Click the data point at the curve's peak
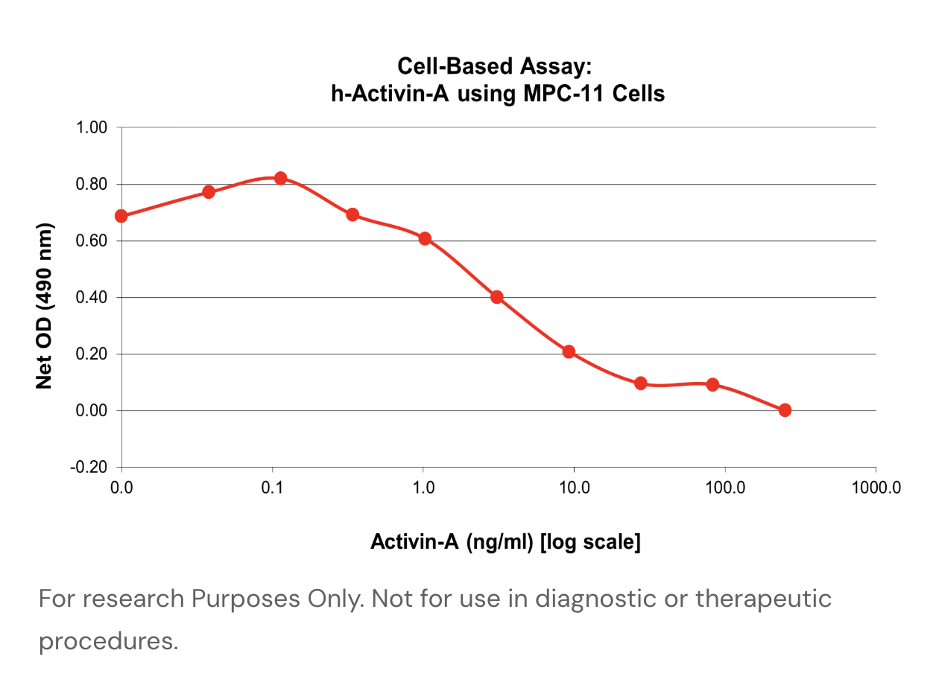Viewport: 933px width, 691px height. tap(280, 178)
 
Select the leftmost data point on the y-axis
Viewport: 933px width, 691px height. tap(121, 217)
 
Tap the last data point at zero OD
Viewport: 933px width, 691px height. tap(785, 410)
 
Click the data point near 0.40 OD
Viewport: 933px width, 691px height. tap(497, 297)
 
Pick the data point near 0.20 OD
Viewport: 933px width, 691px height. tap(569, 351)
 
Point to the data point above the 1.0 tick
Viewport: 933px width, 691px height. tap(425, 239)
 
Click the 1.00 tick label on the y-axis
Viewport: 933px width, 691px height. tap(92, 128)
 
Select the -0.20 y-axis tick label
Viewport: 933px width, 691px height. tap(89, 468)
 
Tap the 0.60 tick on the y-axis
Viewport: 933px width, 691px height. tap(92, 241)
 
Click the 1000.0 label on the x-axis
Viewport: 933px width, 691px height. tap(876, 488)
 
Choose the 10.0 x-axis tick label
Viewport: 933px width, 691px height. tap(574, 488)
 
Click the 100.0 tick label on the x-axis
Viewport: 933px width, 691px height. tap(724, 488)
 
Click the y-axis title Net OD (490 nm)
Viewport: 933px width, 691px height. tap(45, 305)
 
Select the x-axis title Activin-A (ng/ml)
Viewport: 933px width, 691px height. tap(452, 542)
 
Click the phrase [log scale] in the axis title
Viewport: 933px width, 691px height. tap(590, 542)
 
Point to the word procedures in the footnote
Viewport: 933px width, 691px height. tap(108, 641)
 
